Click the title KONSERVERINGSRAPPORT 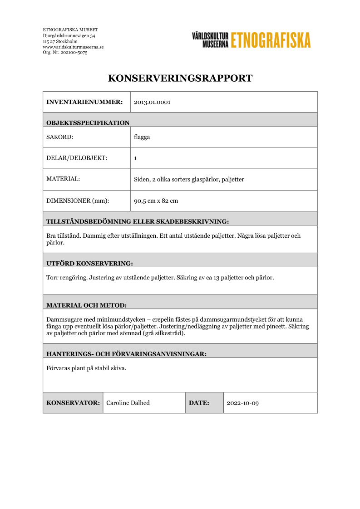(x=180, y=78)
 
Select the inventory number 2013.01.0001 (x=152, y=102)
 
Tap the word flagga (x=142, y=137)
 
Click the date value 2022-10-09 (x=242, y=403)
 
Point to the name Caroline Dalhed (x=128, y=403)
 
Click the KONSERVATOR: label (x=73, y=403)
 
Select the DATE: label (x=199, y=403)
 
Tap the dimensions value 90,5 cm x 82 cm (x=156, y=201)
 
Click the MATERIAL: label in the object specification (x=63, y=179)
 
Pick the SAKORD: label (x=60, y=137)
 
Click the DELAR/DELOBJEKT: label (x=77, y=158)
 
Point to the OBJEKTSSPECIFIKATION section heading (x=88, y=122)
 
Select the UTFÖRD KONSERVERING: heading (x=89, y=263)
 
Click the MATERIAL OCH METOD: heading (x=86, y=305)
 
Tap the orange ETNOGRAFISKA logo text (x=271, y=40)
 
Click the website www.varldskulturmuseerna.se (x=73, y=47)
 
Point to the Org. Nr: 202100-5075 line (x=65, y=53)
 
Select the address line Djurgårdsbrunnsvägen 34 (x=69, y=35)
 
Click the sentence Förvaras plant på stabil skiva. (x=86, y=368)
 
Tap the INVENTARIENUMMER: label (x=84, y=102)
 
